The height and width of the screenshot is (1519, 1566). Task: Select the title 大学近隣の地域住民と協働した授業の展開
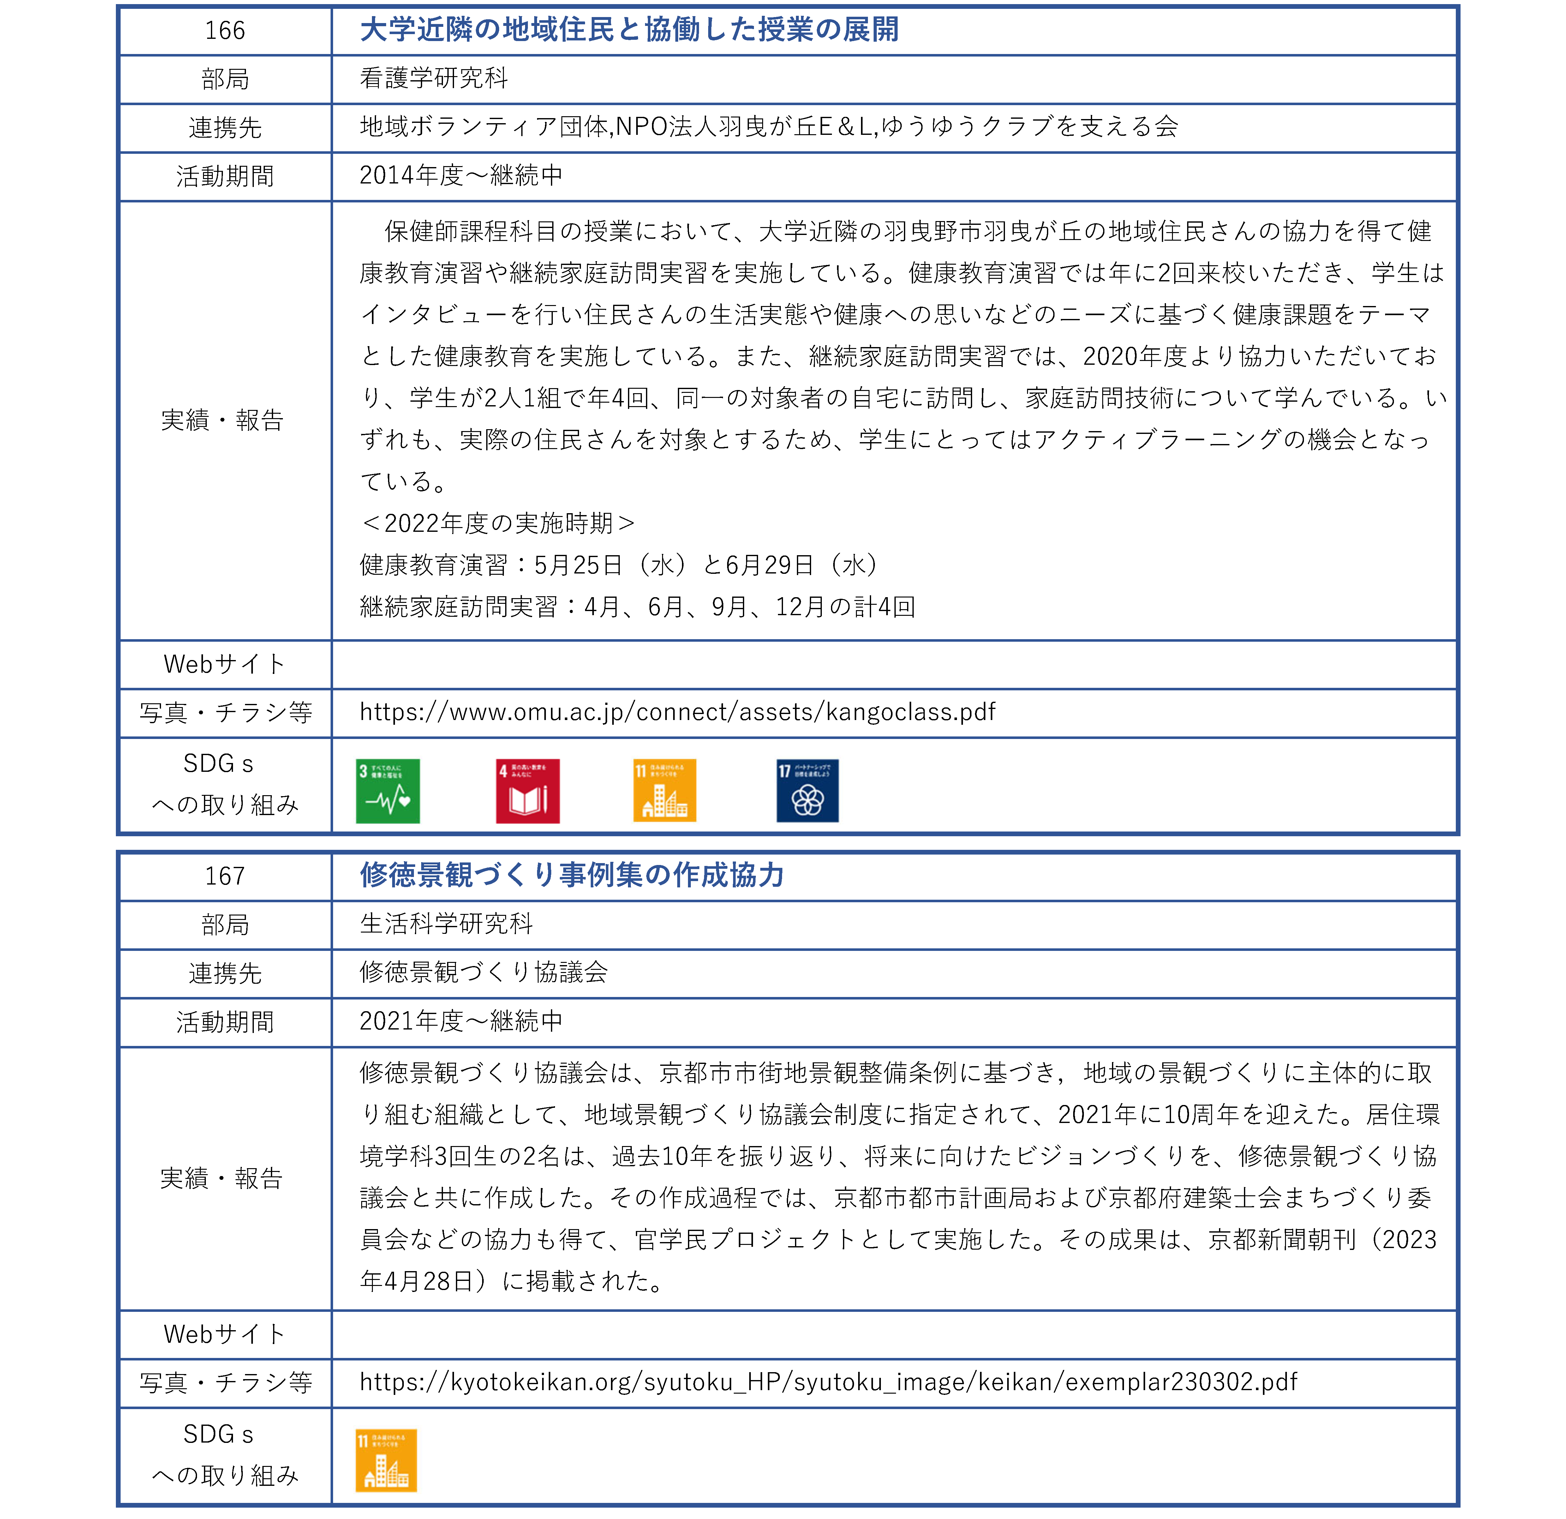(x=629, y=30)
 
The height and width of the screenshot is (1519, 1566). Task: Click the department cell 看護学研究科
(x=434, y=78)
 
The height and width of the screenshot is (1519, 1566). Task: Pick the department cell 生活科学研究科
(x=446, y=924)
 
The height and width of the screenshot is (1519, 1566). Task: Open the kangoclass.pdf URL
(x=678, y=712)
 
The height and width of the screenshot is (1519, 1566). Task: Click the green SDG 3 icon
(x=387, y=791)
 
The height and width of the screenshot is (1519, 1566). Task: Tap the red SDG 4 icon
(x=527, y=791)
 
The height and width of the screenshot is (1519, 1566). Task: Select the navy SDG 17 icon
(x=807, y=791)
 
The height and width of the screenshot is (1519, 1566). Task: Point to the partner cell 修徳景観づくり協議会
(x=483, y=972)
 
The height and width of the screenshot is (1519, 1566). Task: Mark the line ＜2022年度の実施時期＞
(x=497, y=523)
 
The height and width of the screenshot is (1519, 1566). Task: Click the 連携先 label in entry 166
(x=224, y=128)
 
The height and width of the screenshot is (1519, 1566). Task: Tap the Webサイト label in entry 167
(x=224, y=1335)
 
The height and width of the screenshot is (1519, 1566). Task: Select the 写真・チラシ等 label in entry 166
(x=224, y=713)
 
